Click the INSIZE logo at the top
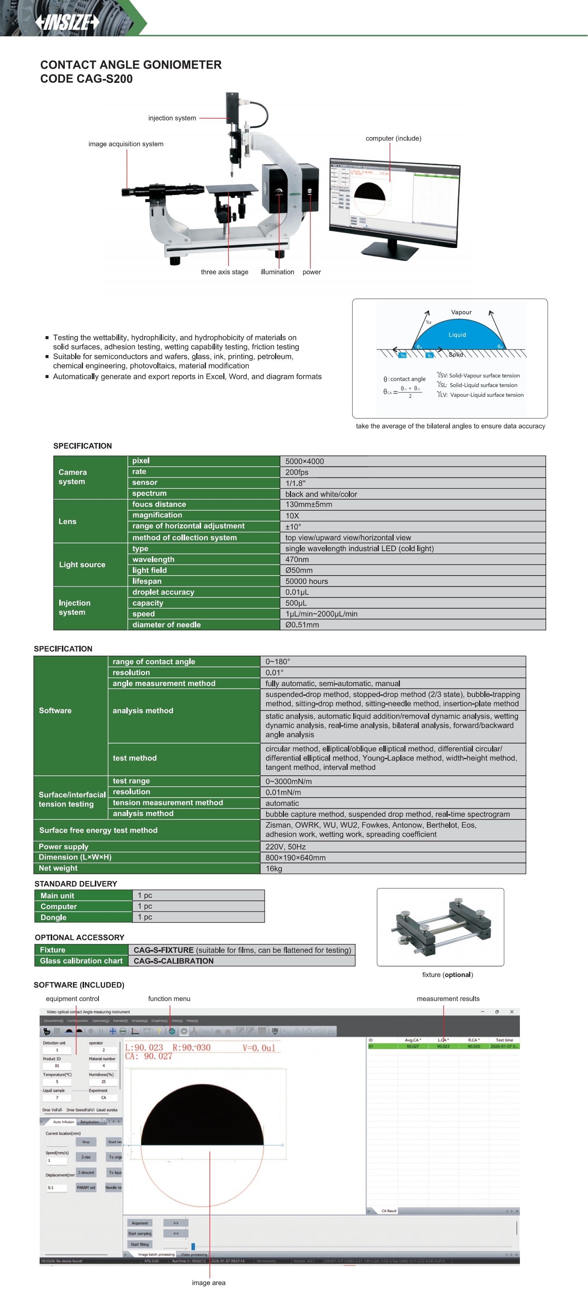point(67,22)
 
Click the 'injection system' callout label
point(172,118)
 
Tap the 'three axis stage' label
point(224,272)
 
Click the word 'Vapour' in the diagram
point(461,312)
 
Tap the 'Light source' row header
point(82,564)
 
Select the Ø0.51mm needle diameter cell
point(302,625)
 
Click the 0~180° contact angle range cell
point(278,662)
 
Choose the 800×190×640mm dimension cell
point(295,857)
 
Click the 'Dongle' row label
point(53,917)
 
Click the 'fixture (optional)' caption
point(447,974)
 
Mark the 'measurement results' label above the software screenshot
point(448,998)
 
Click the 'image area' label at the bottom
point(208,1282)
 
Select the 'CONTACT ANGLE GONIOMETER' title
point(131,65)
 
